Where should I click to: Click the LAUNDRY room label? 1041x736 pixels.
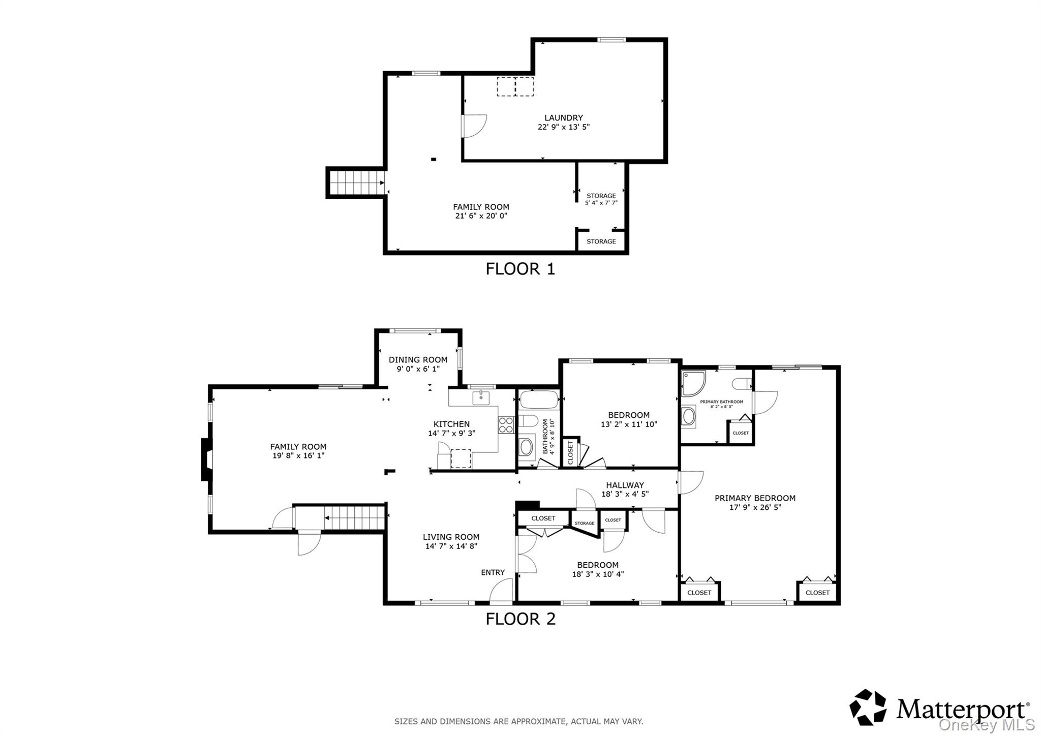564,118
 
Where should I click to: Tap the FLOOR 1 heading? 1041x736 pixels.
520,269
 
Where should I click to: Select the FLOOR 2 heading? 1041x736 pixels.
520,619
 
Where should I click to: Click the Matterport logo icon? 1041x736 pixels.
868,707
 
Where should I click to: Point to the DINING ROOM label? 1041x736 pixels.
418,360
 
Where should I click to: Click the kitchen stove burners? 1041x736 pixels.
506,425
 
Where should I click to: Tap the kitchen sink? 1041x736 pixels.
481,398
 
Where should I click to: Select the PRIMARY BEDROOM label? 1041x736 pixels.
755,498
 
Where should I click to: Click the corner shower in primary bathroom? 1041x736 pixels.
693,383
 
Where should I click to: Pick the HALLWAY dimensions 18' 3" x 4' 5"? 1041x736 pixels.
625,494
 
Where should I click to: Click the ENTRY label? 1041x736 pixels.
493,572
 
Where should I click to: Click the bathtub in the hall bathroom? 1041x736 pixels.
539,400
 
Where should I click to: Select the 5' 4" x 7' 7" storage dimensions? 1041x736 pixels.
601,203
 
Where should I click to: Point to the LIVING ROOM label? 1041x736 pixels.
451,537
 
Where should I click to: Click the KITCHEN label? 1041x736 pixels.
451,424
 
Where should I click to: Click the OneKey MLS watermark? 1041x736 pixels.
987,724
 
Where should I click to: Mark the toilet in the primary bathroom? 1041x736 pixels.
742,384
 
